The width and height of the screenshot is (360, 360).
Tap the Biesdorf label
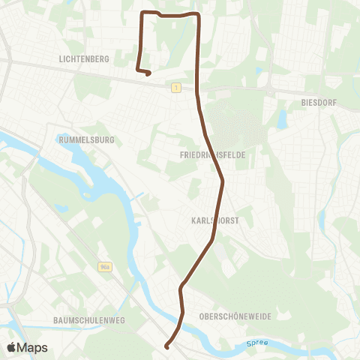tap(321, 102)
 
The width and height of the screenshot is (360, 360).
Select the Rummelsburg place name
tap(85, 139)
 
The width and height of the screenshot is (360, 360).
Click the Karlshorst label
tap(214, 221)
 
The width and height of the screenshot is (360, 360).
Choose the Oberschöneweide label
tap(235, 316)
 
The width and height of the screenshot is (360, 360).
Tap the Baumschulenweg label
tap(88, 320)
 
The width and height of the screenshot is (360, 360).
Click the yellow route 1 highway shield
tap(175, 88)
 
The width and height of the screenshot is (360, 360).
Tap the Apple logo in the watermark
tap(12, 347)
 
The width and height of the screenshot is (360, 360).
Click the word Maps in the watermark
tap(33, 347)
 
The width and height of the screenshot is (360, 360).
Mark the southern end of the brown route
tap(166, 346)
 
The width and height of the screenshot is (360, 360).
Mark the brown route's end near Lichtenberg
tap(148, 73)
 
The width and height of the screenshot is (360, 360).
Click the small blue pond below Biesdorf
tap(282, 118)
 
